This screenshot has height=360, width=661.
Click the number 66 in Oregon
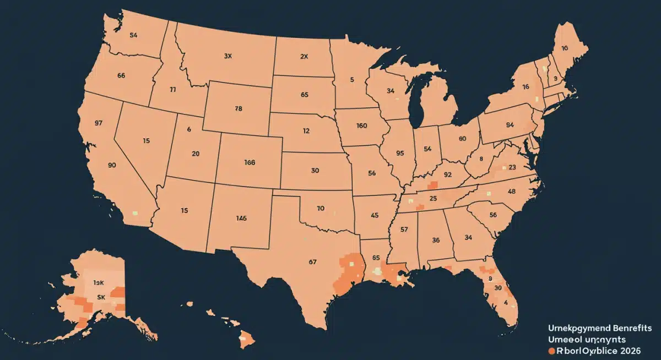(x=122, y=75)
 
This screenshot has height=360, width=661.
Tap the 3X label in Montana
(x=228, y=56)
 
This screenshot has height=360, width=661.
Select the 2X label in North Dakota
(x=304, y=56)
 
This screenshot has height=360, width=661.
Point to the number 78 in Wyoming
(x=238, y=109)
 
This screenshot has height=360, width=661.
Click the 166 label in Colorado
(x=250, y=162)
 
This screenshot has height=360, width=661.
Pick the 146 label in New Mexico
(x=241, y=218)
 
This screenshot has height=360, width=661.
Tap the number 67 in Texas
(x=312, y=262)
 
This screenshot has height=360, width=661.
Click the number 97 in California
(x=99, y=123)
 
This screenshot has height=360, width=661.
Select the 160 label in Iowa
(x=361, y=126)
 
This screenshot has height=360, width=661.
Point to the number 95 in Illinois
(x=400, y=154)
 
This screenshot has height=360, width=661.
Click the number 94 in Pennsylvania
(x=510, y=125)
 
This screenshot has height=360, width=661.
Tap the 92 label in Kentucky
(x=447, y=175)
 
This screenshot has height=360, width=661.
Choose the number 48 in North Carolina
(x=511, y=192)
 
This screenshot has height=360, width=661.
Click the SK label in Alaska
(x=101, y=296)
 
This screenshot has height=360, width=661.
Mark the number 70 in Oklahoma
(x=321, y=209)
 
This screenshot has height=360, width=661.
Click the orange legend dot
(x=551, y=350)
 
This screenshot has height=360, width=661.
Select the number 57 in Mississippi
(x=404, y=229)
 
